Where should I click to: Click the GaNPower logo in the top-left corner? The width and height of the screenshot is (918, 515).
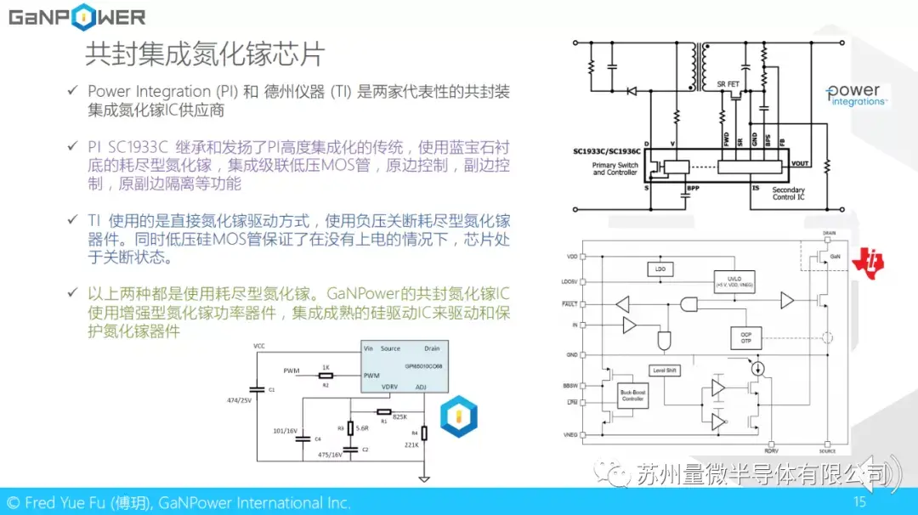coord(76,18)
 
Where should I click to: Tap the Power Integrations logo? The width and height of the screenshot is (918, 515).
coord(854,94)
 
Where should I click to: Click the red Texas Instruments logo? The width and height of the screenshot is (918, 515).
coord(870,263)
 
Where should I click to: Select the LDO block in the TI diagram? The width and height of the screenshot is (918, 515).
coord(660,269)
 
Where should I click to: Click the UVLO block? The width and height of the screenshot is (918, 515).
coord(734,280)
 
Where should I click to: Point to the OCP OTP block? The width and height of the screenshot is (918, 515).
coord(745,337)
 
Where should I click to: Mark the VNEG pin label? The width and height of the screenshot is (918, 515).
coord(571,434)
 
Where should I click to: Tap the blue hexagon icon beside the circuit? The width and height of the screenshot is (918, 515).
coord(458,417)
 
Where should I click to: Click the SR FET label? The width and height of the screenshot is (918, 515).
coord(728,84)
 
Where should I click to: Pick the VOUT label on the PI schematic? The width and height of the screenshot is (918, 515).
coord(799,163)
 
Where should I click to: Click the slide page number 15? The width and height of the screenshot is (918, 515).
coord(859,502)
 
